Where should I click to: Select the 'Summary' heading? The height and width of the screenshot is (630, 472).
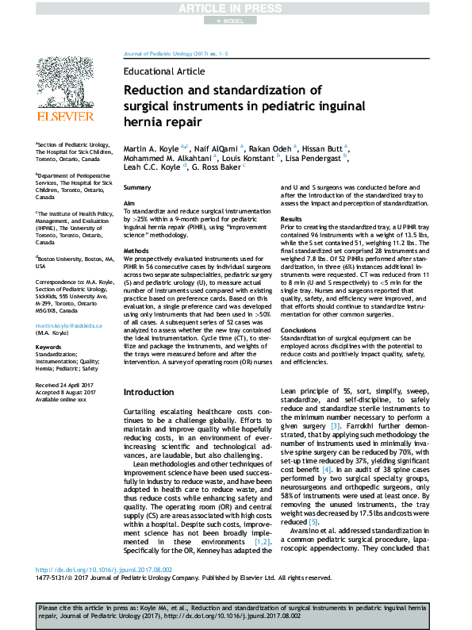click(x=138, y=186)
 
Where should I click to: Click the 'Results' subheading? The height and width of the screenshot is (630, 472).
click(x=291, y=218)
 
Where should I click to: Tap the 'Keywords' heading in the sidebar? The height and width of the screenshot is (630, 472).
click(x=49, y=347)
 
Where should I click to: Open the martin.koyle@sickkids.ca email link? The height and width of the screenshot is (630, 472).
click(x=68, y=326)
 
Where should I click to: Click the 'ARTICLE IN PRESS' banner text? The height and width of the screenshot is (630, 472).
click(x=236, y=8)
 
